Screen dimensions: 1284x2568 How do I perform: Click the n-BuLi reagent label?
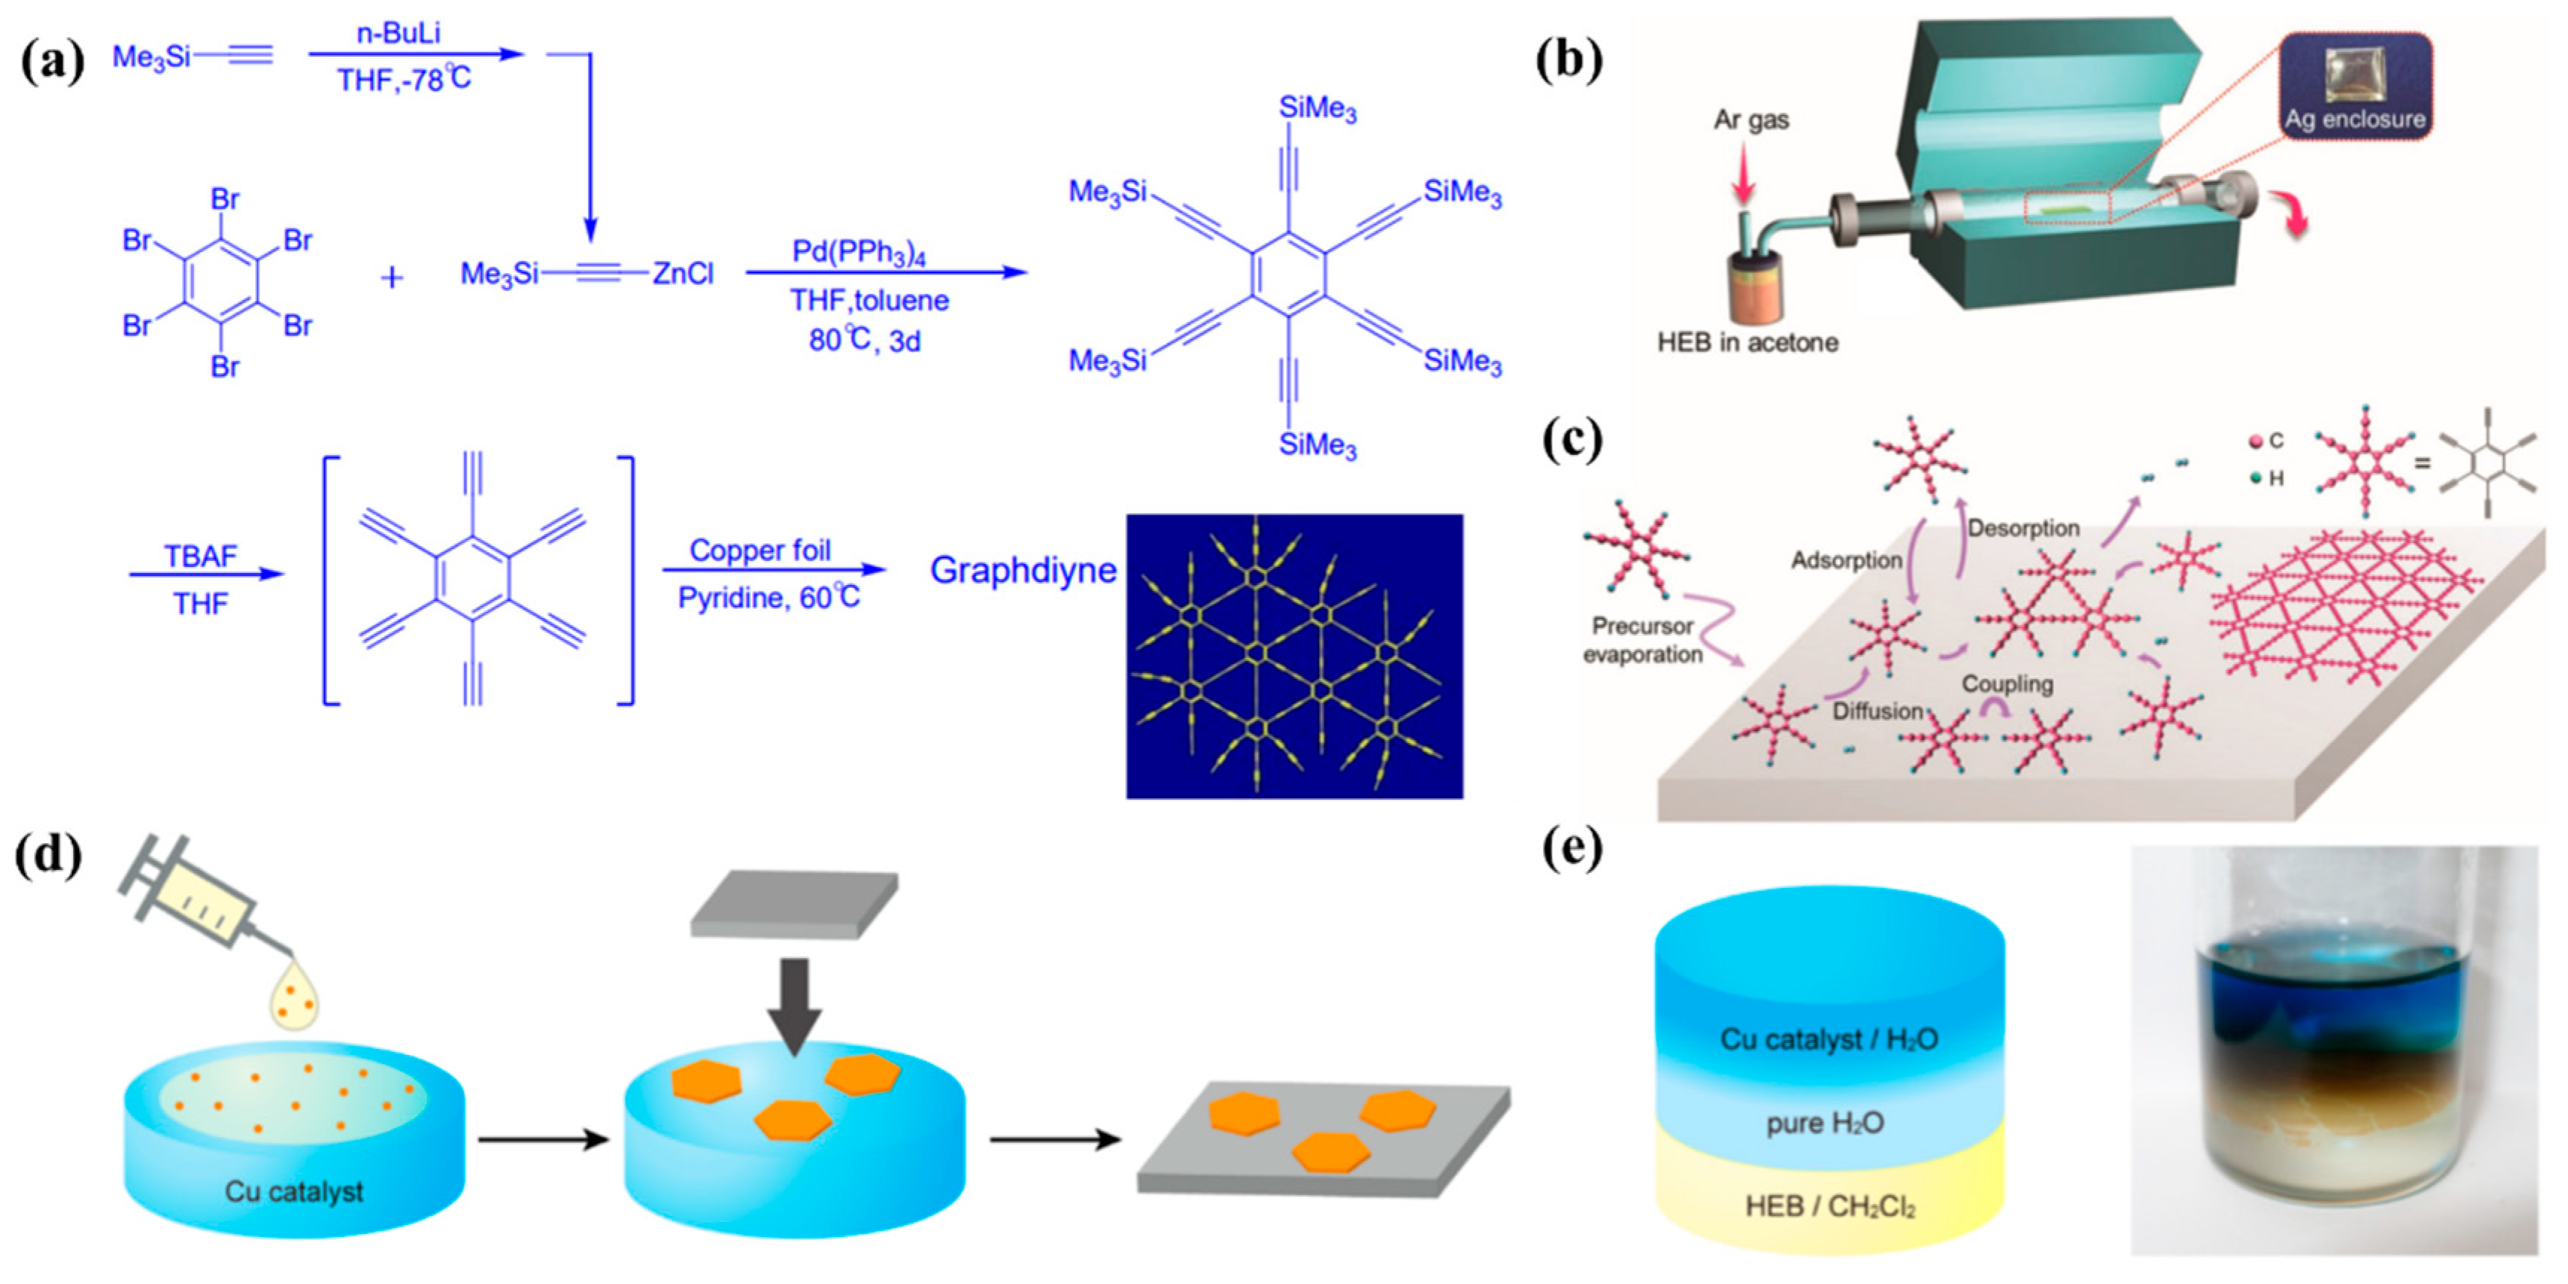coord(398,33)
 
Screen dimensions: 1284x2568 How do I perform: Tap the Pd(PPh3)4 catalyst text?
coord(858,251)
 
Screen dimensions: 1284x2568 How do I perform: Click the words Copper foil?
coord(760,551)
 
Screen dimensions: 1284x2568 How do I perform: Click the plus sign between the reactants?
coord(392,277)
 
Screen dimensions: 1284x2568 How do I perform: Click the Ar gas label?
coord(1752,121)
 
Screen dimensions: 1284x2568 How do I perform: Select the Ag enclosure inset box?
coord(2355,86)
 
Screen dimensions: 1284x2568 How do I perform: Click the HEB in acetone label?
coord(1747,343)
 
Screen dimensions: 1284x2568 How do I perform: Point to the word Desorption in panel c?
coord(2023,527)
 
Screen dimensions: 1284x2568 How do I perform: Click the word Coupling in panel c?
coord(2007,684)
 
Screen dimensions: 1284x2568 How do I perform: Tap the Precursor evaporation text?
coord(1642,640)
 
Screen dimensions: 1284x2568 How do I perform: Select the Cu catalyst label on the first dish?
coord(293,1191)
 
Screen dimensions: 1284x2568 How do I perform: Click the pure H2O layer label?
coord(1824,1124)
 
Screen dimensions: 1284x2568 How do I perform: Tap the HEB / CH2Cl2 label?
coord(1829,1207)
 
